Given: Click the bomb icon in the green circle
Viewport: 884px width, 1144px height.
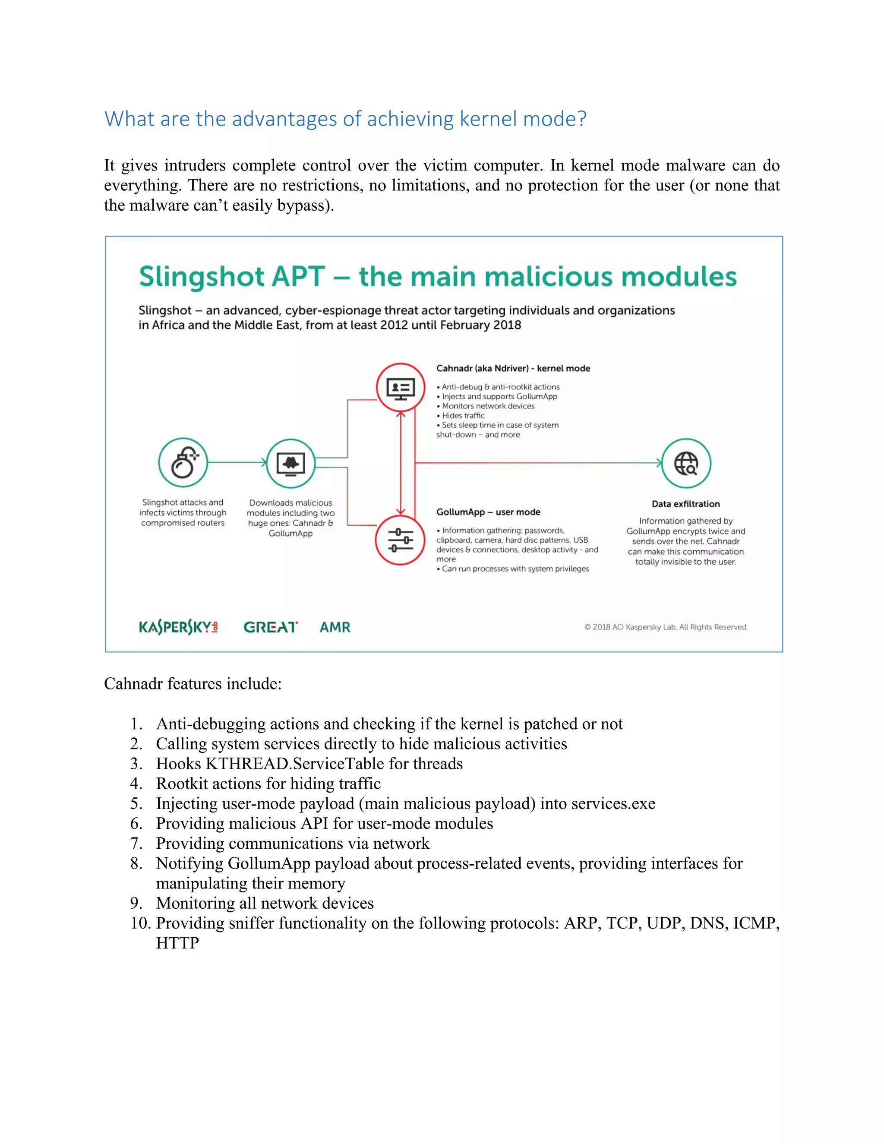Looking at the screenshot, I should pyautogui.click(x=183, y=463).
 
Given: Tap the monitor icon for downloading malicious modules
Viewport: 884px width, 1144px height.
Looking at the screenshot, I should pyautogui.click(x=290, y=464).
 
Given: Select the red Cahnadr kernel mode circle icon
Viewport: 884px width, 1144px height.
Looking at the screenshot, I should pyautogui.click(x=401, y=388).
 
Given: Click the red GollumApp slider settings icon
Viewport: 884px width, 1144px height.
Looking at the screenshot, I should pyautogui.click(x=400, y=540).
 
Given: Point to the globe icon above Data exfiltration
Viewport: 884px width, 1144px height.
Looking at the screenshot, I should pyautogui.click(x=686, y=464).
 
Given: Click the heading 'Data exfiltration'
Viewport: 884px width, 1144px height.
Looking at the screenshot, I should pyautogui.click(x=685, y=504).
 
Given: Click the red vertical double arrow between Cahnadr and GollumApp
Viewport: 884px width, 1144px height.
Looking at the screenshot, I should pyautogui.click(x=401, y=463).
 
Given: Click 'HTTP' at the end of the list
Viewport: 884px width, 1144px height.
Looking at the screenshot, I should pyautogui.click(x=177, y=943).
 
